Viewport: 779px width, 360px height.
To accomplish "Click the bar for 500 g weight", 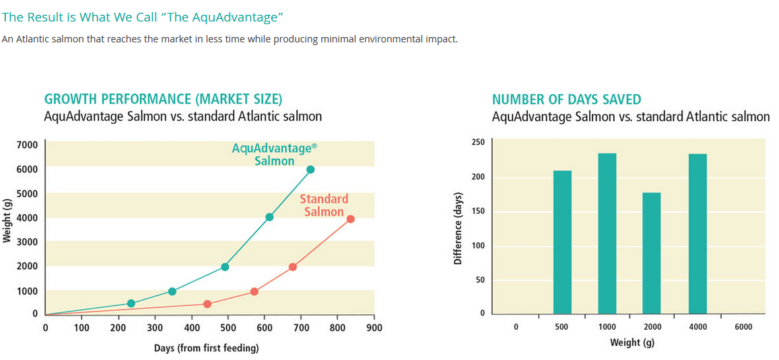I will (562, 242).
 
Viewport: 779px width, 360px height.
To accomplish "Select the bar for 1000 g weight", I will (607, 233).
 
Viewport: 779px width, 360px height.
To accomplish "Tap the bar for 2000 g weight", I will (652, 253).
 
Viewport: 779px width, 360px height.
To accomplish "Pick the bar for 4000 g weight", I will (698, 233).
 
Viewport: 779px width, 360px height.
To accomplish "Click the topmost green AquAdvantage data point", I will (310, 169).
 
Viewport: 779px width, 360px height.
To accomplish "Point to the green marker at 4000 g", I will (269, 217).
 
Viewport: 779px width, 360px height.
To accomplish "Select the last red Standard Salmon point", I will (350, 219).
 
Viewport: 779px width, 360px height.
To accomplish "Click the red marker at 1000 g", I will (254, 291).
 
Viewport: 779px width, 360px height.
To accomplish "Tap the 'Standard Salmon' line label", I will (324, 205).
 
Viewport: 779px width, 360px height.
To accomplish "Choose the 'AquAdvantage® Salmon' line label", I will (274, 154).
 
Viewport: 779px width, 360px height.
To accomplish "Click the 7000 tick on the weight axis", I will (27, 145).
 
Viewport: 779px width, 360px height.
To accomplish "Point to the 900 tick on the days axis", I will (374, 328).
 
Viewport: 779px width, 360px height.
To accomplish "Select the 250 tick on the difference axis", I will (478, 142).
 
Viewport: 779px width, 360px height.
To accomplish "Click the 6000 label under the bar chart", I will (743, 327).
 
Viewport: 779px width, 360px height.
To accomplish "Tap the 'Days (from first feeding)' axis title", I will (206, 348).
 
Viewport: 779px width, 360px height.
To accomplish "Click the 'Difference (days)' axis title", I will (458, 229).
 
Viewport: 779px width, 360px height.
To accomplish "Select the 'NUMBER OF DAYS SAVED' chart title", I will (566, 100).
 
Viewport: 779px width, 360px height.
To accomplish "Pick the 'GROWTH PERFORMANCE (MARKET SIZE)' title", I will (163, 100).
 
